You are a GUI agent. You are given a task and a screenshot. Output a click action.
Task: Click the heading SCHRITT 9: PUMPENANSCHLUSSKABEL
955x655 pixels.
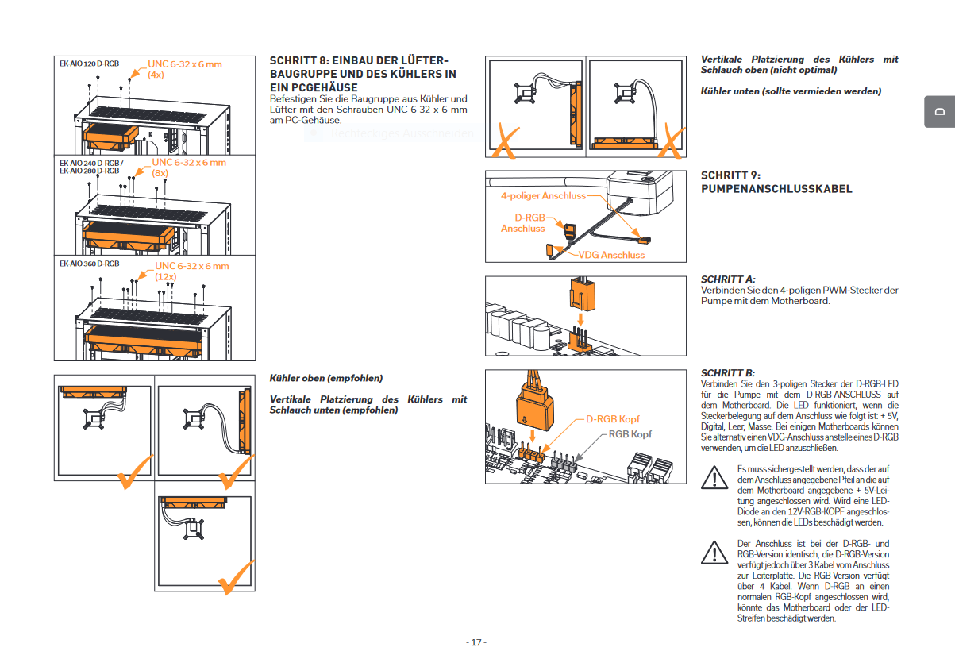click(x=776, y=182)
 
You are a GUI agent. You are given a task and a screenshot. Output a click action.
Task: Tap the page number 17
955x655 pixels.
click(x=476, y=642)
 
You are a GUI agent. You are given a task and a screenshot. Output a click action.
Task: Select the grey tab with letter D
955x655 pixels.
click(x=939, y=112)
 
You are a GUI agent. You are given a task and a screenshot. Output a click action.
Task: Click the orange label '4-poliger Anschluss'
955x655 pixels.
click(x=543, y=195)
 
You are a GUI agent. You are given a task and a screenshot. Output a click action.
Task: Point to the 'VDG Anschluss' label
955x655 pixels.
click(x=611, y=255)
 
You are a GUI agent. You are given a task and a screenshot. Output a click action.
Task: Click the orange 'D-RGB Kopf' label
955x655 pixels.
click(x=613, y=418)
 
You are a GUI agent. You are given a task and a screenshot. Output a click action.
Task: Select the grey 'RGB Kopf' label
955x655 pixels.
click(x=630, y=434)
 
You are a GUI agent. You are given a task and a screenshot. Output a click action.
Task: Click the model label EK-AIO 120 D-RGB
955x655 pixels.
click(x=90, y=63)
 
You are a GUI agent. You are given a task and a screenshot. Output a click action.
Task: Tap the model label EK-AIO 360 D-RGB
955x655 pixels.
click(x=90, y=263)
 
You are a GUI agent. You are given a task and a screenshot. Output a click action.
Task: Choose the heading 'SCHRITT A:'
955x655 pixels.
click(x=727, y=279)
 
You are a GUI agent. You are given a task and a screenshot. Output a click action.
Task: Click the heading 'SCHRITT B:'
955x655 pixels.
click(x=727, y=372)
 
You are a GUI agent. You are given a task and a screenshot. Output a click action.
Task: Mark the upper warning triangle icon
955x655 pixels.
click(x=714, y=478)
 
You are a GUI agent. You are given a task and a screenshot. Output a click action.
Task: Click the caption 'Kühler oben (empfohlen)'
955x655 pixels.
click(x=325, y=378)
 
